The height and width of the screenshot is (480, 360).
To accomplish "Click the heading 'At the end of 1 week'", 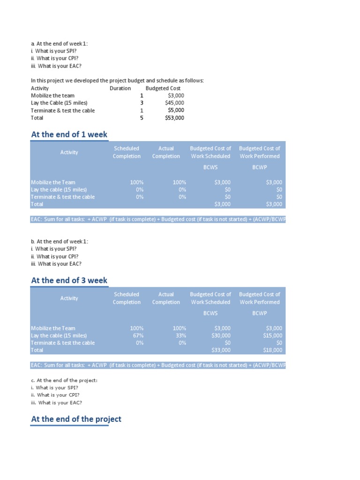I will click(69, 135).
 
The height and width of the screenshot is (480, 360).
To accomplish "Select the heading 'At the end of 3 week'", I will click(69, 280).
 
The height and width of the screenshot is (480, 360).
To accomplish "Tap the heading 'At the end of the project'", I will click(76, 419).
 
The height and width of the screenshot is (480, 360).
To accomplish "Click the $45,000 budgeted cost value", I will click(174, 103).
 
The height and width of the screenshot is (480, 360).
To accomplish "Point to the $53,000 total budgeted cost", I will click(174, 118).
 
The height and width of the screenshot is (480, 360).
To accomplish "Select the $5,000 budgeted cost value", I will click(176, 111).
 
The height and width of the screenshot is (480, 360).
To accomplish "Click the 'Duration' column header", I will click(120, 88).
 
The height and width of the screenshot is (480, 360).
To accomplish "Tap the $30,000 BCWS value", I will click(221, 336).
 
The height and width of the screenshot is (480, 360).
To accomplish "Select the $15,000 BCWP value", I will click(273, 336).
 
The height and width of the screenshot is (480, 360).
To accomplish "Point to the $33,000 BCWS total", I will click(221, 350).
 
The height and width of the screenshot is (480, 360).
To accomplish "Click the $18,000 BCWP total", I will click(273, 350).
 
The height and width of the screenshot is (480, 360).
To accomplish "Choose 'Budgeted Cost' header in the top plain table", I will click(163, 88).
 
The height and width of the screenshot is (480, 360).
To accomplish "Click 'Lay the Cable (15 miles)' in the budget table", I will click(59, 103).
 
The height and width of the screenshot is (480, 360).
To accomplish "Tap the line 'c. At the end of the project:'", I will click(64, 380).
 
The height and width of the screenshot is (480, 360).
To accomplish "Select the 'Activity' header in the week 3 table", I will click(69, 298).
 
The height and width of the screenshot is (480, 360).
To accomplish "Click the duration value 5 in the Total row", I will click(141, 118).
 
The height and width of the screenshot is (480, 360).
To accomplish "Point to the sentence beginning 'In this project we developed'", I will click(117, 81).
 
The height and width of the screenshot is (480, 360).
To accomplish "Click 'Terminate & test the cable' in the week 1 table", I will click(63, 197).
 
